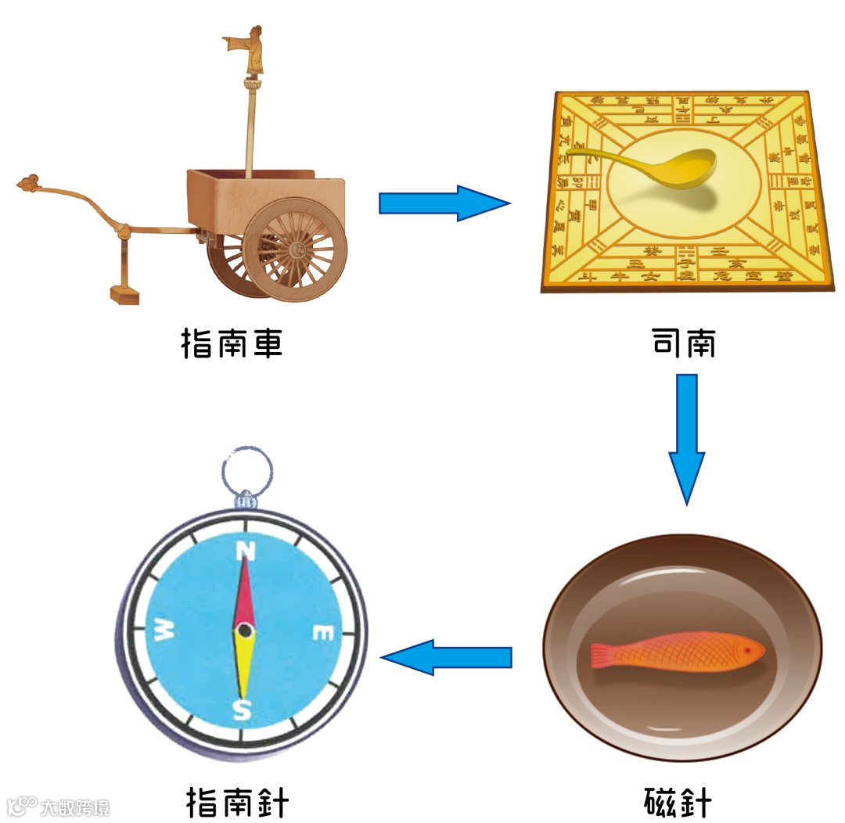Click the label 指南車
(x=232, y=343)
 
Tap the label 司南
(x=683, y=343)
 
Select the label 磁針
(x=678, y=803)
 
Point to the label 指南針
(x=238, y=803)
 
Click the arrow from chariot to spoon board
(x=443, y=203)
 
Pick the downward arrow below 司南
(x=686, y=438)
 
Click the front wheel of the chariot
(x=299, y=250)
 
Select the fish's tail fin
(x=604, y=656)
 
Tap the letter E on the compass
(x=322, y=633)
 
